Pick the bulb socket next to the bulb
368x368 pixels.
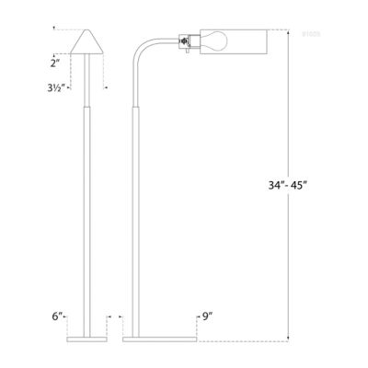187,43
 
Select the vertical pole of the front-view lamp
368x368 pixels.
90,202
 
